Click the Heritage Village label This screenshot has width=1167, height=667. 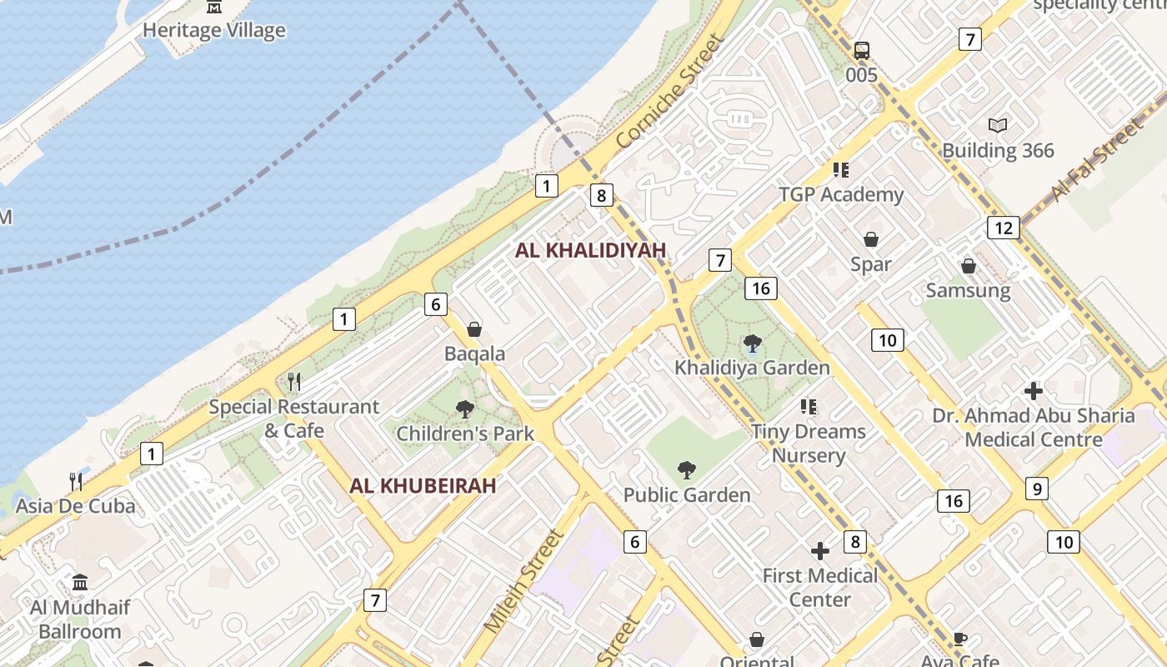coord(214,31)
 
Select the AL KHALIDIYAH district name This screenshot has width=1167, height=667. coord(590,250)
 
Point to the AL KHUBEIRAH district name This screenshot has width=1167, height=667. coord(423,485)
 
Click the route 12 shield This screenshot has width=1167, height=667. coord(1004,228)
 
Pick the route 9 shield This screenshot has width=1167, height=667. coord(1035,489)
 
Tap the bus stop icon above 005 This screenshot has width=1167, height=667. coord(862,51)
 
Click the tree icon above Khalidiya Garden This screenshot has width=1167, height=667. coord(752,343)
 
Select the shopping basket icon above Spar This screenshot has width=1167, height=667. coord(871,240)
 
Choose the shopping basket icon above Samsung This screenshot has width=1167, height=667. coord(969,266)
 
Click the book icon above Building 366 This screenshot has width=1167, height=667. coord(998,126)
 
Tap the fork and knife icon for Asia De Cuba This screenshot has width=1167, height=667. coord(76,481)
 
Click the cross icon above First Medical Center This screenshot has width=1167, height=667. coord(820,551)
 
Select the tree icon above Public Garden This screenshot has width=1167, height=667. coord(687,470)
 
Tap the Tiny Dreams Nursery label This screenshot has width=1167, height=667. coord(809,444)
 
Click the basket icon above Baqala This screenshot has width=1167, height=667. coord(474,329)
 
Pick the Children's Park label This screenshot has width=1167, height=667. coord(465,434)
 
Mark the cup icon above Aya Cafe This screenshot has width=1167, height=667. coord(960,639)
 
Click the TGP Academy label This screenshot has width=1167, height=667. coord(840,194)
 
